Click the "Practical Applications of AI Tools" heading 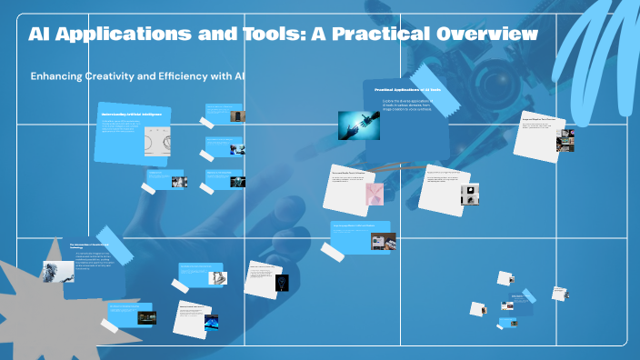pyautogui.click(x=407, y=90)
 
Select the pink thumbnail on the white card pyautogui.click(x=375, y=194)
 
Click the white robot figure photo pyautogui.click(x=57, y=271)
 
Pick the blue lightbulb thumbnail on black pyautogui.click(x=282, y=282)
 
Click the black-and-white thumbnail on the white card pyautogui.click(x=470, y=194)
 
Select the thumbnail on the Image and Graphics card pyautogui.click(x=565, y=141)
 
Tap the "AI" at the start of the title pyautogui.click(x=41, y=35)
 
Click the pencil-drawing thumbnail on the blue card pyautogui.click(x=383, y=241)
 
